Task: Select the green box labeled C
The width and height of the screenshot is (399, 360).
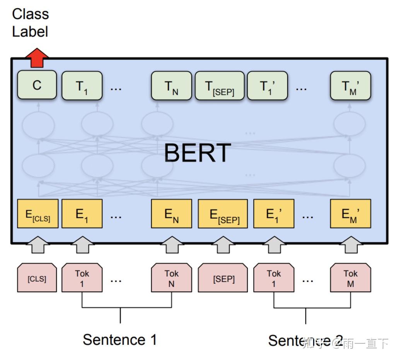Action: pos(37,85)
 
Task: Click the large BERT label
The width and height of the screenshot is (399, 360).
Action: pos(198,153)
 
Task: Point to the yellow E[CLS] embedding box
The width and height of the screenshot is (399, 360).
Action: pos(38,214)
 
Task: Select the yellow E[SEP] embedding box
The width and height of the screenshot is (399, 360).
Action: pos(223,214)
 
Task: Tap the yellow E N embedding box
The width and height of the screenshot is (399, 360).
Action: pos(171,214)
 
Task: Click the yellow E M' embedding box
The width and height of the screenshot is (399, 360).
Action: pos(350,214)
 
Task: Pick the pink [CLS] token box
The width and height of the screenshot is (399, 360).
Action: pos(37,278)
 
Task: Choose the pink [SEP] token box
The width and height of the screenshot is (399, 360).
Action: pos(223,278)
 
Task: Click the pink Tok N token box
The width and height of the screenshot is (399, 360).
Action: pos(171,278)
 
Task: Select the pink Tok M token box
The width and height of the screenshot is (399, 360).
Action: pos(350,278)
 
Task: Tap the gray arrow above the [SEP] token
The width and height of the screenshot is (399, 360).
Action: pos(223,245)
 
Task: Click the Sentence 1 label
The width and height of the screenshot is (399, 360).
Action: pos(120,340)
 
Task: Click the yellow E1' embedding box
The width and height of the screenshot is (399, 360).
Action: pos(273,214)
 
